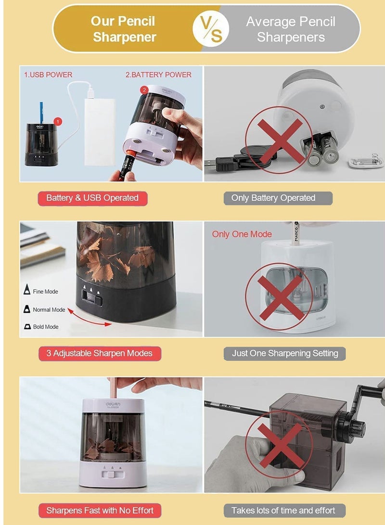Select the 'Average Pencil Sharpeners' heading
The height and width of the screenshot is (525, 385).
pyautogui.click(x=291, y=29)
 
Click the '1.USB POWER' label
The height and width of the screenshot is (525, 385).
pyautogui.click(x=48, y=75)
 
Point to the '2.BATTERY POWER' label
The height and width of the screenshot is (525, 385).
pyautogui.click(x=158, y=75)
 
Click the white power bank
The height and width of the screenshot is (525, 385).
pyautogui.click(x=100, y=131)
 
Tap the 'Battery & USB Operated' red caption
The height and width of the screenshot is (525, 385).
pyautogui.click(x=92, y=198)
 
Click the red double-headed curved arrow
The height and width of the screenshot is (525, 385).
pyautogui.click(x=90, y=318)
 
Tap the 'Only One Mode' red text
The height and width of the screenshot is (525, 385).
pyautogui.click(x=242, y=234)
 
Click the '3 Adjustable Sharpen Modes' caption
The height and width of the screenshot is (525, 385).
pyautogui.click(x=99, y=353)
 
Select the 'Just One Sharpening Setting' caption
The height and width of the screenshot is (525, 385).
pyautogui.click(x=285, y=353)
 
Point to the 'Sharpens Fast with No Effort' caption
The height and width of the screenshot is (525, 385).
pyautogui.click(x=99, y=510)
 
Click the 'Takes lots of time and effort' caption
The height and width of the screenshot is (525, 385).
pyautogui.click(x=283, y=510)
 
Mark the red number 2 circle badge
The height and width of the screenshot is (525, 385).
pyautogui.click(x=144, y=90)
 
